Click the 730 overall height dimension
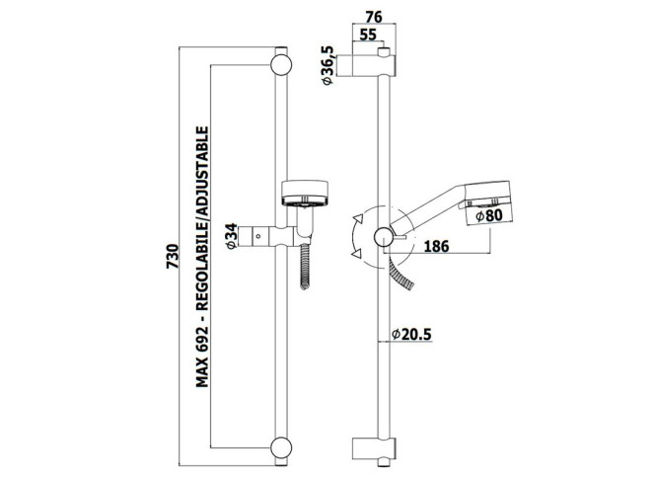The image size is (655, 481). coord(173,256)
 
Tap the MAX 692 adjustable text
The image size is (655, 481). coord(202,257)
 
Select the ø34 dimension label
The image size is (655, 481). coord(232,236)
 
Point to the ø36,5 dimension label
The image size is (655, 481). coord(328,65)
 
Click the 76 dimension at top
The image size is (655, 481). coord(374,17)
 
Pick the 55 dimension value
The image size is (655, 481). coord(368,35)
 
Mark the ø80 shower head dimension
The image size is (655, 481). coord(488,216)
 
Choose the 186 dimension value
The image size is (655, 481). coord(437,246)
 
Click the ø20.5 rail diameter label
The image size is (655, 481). coord(411,334)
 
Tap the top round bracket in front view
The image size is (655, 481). coord(281,65)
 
